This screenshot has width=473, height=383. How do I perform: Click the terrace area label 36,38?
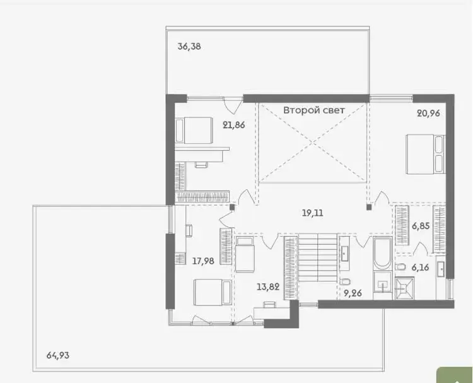point(189,47)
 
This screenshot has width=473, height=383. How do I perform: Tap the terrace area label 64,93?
point(58,355)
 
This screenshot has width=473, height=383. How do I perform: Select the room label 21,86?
point(234,125)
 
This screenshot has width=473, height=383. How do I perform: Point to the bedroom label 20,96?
point(428,113)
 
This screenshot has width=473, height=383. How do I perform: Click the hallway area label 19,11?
point(313,213)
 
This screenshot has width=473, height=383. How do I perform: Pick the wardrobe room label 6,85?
point(421,226)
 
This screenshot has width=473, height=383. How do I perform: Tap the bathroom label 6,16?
point(420,268)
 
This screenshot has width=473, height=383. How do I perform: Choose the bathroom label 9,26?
point(353,293)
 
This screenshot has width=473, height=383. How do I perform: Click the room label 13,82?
point(268,286)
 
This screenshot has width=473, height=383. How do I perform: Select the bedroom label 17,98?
point(203,261)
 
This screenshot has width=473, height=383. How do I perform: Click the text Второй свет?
point(313,110)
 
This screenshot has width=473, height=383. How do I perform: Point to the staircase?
point(318,257)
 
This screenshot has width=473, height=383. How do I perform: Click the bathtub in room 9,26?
point(383,253)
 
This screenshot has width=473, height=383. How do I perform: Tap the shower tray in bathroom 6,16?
point(404,288)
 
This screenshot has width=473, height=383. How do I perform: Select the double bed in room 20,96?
point(426,154)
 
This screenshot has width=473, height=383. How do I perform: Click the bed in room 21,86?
point(194,131)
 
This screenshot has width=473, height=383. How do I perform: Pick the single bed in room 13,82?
point(245,254)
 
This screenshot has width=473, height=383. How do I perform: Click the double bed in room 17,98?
point(213,292)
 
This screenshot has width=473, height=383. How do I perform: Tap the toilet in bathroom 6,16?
point(400,267)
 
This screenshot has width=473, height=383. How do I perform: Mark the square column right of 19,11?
point(369,207)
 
